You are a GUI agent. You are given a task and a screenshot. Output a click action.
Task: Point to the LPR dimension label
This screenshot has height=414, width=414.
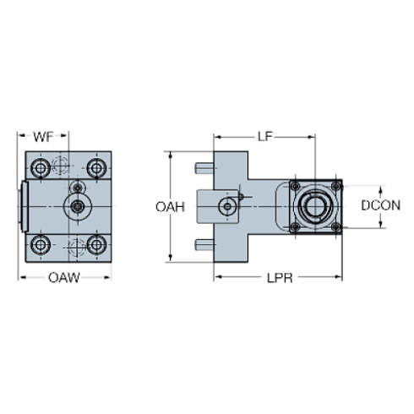tap(277, 277)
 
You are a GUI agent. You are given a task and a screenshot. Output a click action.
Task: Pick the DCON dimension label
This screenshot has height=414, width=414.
tap(381, 205)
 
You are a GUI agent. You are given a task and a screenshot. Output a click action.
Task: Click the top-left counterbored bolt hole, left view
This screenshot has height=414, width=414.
tap(39, 165)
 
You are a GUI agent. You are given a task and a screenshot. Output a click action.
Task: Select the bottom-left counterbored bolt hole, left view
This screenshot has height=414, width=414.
tap(39, 246)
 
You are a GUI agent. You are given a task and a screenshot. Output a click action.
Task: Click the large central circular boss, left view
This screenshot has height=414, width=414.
tap(77, 205)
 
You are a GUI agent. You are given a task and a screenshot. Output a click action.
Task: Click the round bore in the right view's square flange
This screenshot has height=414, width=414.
tap(314, 205)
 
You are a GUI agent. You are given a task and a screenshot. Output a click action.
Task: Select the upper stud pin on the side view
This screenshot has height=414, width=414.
tap(204, 166)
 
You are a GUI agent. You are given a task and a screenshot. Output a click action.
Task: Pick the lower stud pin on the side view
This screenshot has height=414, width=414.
tap(204, 246)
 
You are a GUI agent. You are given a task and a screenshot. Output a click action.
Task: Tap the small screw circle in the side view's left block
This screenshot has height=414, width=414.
tap(226, 205)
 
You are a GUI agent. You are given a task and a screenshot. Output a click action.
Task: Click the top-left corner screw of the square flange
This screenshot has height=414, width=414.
tap(295, 186)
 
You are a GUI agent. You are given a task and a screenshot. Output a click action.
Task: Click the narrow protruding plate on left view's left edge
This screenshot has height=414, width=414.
tap(22, 205)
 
